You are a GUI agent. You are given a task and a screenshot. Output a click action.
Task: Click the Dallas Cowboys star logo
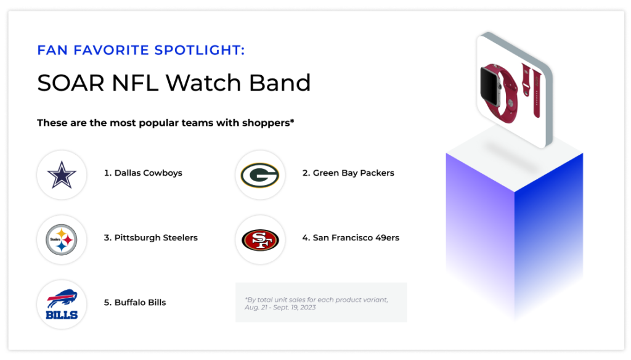[62, 175]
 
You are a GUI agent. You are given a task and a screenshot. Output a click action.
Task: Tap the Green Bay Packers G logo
[260, 175]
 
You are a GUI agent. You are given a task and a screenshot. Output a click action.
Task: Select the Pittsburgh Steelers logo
[62, 240]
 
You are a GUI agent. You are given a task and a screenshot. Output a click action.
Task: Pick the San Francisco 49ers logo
[260, 240]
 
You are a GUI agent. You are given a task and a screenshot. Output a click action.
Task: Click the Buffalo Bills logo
[62, 304]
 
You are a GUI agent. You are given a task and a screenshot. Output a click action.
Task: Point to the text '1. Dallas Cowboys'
[143, 173]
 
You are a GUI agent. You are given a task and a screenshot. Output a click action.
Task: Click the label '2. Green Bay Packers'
[348, 173]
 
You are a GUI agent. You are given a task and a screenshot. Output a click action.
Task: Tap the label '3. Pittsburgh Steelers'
[150, 237]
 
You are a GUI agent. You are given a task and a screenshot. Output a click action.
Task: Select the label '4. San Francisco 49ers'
[351, 237]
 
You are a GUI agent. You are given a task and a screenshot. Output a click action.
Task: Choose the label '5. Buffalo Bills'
[135, 303]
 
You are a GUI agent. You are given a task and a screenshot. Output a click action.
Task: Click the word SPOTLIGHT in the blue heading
[199, 50]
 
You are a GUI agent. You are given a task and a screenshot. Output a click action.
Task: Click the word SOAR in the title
[71, 83]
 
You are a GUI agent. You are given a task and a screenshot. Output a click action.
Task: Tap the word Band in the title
[280, 83]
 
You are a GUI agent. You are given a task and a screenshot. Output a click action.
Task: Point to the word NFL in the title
[135, 83]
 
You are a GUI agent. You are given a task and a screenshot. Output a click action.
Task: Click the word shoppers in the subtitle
[267, 123]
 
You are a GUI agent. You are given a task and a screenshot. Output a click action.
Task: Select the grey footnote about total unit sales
[316, 303]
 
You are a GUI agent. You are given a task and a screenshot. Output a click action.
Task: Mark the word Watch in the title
[203, 83]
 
